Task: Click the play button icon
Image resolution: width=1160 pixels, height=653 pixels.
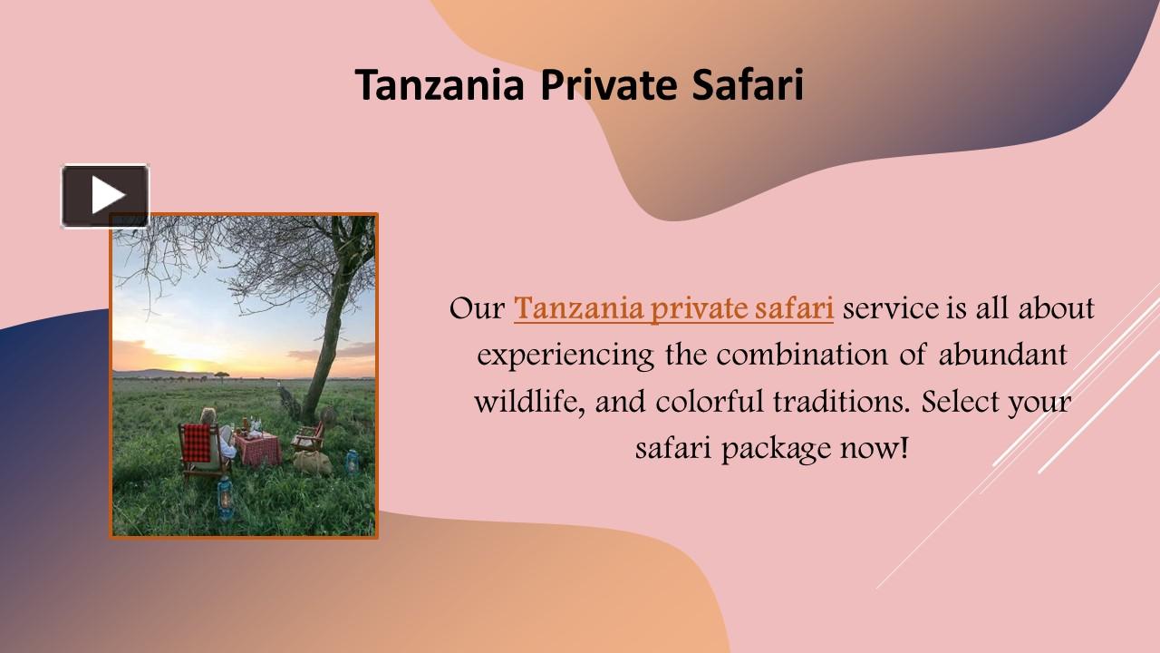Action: (105, 195)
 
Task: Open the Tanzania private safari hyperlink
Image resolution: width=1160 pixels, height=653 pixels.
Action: (673, 308)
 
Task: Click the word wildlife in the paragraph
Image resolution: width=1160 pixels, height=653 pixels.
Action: (530, 401)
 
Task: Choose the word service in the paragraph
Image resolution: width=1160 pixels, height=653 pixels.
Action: (891, 308)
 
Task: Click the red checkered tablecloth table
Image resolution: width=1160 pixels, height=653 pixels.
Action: (256, 447)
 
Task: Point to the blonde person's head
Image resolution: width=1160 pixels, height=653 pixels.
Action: (208, 415)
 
